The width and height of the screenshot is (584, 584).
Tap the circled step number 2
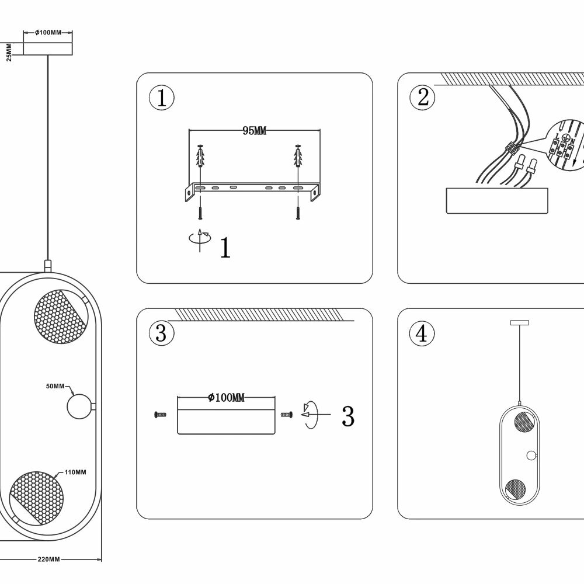pos(423,98)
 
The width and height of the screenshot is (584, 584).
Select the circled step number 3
pos(162,334)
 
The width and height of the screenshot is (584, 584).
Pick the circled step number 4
pos(422,334)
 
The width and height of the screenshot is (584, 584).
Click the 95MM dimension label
pos(254,131)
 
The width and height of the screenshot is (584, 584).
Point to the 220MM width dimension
pos(49,559)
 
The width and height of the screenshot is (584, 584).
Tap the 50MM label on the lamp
pos(56,386)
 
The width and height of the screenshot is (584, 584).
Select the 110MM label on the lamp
pos(76,472)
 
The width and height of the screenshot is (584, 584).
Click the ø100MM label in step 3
pos(226,398)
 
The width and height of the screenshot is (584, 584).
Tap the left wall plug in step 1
pos(200,156)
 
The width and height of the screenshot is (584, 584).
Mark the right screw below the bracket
pos(298,213)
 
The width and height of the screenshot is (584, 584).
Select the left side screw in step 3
pos(159,415)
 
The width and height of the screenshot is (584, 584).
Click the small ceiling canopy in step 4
pos(519,322)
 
